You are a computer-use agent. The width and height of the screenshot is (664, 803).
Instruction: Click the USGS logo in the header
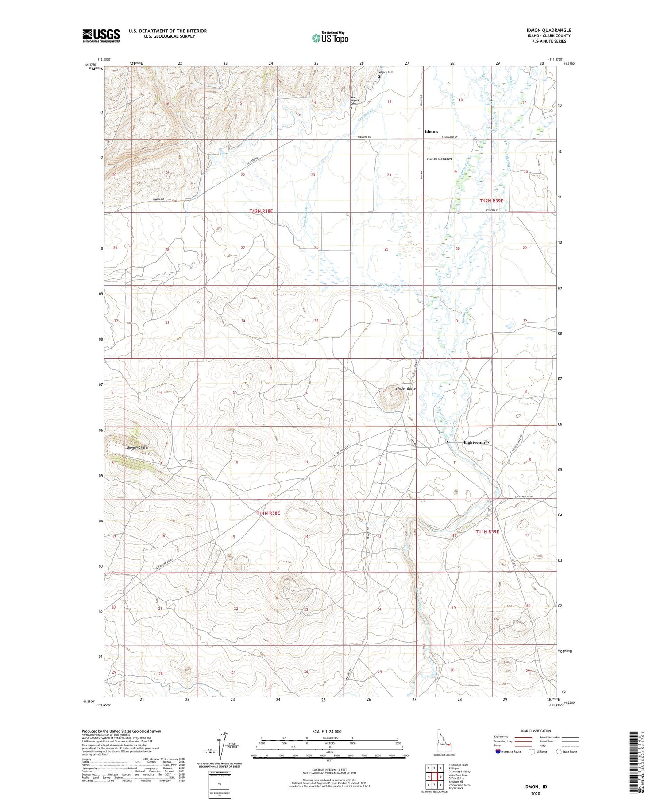pos(100,35)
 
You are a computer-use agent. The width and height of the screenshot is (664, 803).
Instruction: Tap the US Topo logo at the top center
pos(330,38)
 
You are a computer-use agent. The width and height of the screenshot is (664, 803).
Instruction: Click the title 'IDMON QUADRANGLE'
pos(546,30)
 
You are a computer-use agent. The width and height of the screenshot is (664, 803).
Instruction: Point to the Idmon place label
pos(431,132)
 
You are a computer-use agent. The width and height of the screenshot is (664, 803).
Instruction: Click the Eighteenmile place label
pos(476,442)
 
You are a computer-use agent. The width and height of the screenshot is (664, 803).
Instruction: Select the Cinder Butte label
pos(405,388)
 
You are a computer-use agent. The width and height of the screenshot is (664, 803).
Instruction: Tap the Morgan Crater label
pos(137,447)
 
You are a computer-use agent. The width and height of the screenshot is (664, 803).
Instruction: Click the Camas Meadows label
pos(439,159)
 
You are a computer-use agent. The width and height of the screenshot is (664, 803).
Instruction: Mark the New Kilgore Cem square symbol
pos(351,108)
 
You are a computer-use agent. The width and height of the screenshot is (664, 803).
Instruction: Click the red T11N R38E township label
pos(268,513)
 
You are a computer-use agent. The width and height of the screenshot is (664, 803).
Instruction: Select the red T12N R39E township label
pos(491,201)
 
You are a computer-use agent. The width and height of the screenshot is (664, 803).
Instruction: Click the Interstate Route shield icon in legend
pos(498,751)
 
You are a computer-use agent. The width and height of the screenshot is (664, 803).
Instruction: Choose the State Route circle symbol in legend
pos(559,751)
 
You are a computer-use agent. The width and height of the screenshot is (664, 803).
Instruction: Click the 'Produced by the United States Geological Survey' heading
pos(121,731)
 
